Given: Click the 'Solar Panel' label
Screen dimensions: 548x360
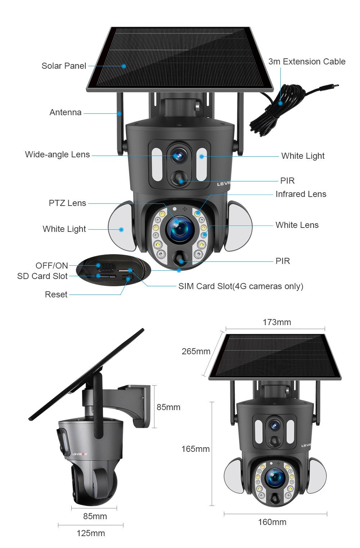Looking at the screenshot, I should [x=64, y=66].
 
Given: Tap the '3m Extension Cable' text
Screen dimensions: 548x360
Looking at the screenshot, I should [x=307, y=62].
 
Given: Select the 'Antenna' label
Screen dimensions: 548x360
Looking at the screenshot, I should [x=65, y=112].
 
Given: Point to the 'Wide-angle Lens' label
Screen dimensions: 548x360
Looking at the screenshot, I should [x=57, y=154].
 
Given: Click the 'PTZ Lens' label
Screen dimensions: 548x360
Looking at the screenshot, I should [x=67, y=203].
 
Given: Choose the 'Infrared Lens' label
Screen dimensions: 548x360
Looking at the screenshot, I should [x=301, y=194].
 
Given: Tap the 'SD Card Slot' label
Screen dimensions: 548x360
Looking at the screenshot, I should [x=42, y=276].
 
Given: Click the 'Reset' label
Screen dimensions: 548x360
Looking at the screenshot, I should [x=56, y=295].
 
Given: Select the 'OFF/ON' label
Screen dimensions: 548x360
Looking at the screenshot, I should [x=51, y=266].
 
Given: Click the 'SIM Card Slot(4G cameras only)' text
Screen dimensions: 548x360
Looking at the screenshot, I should [x=240, y=286].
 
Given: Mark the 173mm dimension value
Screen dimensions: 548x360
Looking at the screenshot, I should [x=276, y=322].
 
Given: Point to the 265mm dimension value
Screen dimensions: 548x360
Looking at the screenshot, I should [x=196, y=351].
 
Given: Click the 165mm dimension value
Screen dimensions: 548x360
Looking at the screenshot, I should [x=195, y=449].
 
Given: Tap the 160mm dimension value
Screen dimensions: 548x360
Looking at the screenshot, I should [x=272, y=522].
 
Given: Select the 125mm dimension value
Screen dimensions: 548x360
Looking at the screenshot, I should [x=91, y=533].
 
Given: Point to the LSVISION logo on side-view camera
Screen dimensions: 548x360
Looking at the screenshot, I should [x=80, y=454].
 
